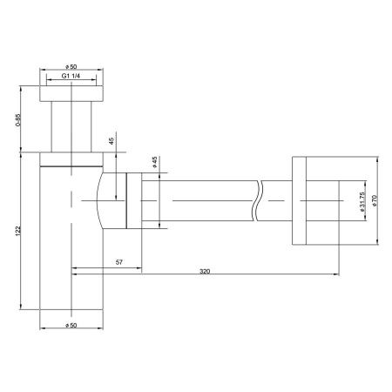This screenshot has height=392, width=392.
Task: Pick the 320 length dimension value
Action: [205, 272]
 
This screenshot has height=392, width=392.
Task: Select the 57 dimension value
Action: [121, 260]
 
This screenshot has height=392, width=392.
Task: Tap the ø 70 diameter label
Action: [375, 201]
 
